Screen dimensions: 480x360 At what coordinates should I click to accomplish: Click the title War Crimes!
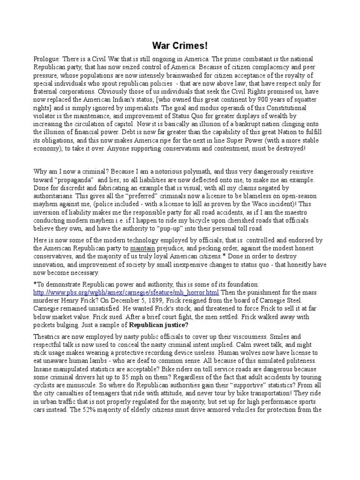coord(180,46)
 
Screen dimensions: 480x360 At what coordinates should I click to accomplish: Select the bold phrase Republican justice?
coord(158,325)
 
